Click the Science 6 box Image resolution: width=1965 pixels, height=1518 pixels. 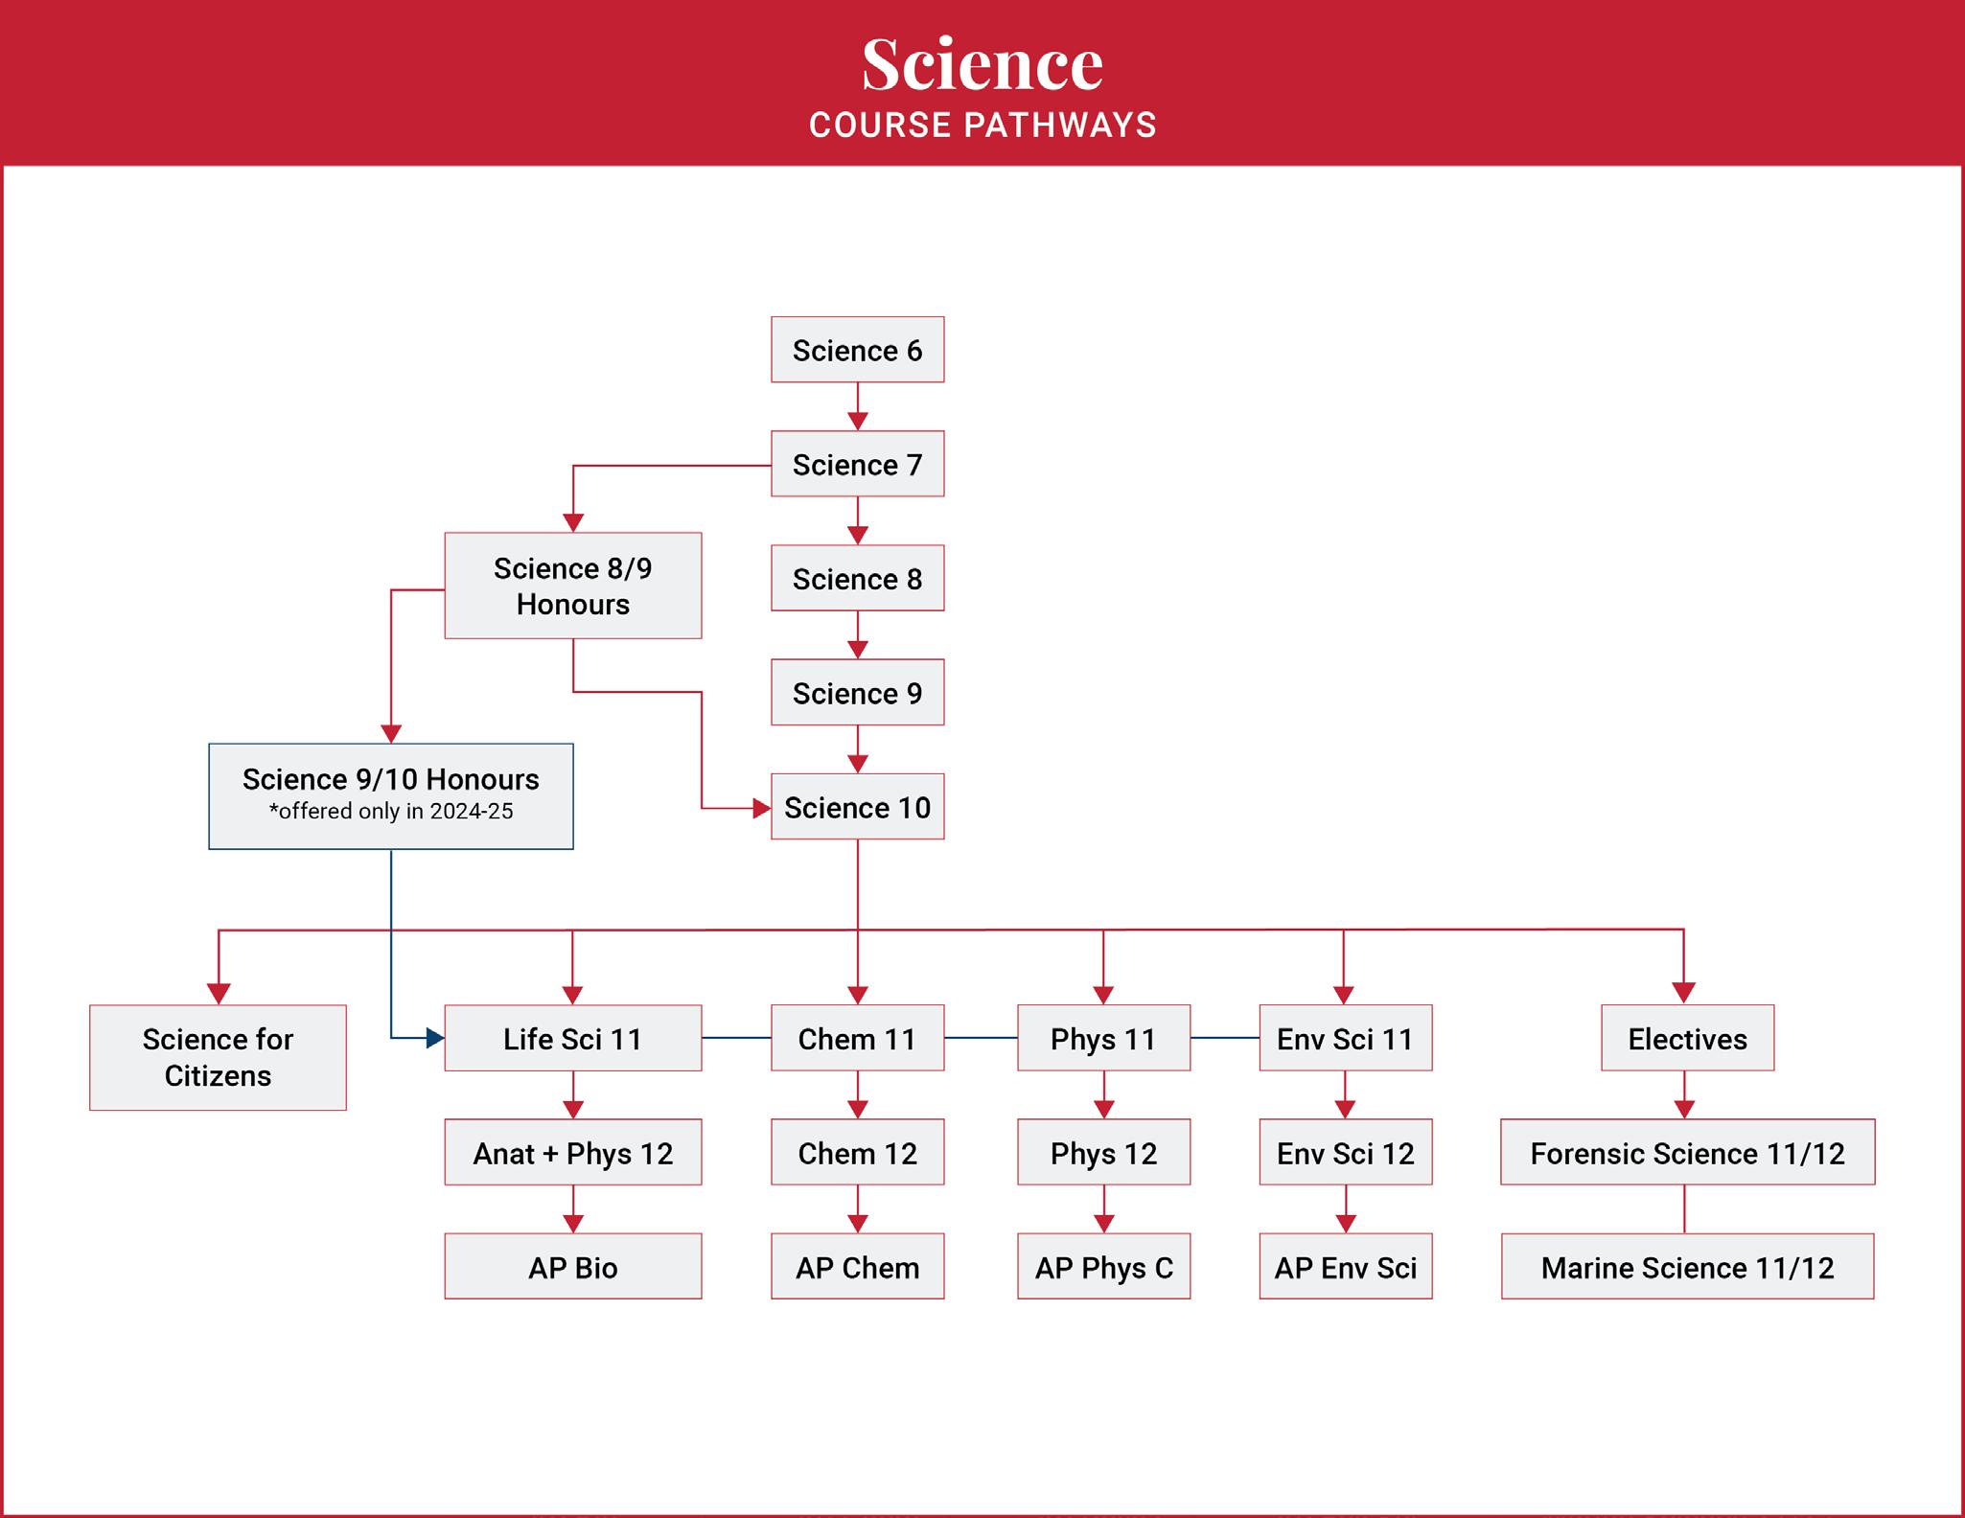[x=857, y=350]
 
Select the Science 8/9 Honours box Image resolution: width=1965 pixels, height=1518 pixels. [x=572, y=586]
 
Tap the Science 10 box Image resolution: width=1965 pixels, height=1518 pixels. [x=857, y=807]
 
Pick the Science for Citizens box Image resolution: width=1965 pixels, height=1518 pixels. [x=218, y=1057]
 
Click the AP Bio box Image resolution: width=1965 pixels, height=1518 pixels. [x=572, y=1267]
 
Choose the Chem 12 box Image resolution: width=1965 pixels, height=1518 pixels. [x=857, y=1152]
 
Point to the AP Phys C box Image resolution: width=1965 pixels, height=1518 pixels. [x=1103, y=1267]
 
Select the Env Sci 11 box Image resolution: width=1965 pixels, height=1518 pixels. [x=1345, y=1038]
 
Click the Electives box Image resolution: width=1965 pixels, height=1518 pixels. [x=1687, y=1038]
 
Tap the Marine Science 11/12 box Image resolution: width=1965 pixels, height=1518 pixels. [x=1687, y=1267]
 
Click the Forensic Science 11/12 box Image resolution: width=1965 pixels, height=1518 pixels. [x=1687, y=1152]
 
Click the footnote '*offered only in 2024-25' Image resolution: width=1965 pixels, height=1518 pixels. [x=391, y=812]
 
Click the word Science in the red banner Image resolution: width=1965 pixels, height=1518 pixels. [x=982, y=64]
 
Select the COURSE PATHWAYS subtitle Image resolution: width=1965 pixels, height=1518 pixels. [x=982, y=126]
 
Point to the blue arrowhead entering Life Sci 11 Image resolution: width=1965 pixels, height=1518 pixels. [x=435, y=1038]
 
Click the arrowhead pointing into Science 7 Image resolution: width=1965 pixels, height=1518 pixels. [x=857, y=421]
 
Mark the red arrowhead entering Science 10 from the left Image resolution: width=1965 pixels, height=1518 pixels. [x=762, y=809]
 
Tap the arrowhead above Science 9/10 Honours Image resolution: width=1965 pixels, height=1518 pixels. [x=391, y=733]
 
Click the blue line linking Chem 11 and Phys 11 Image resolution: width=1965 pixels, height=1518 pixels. [x=981, y=1038]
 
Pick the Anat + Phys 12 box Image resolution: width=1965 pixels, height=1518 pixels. [x=572, y=1152]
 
